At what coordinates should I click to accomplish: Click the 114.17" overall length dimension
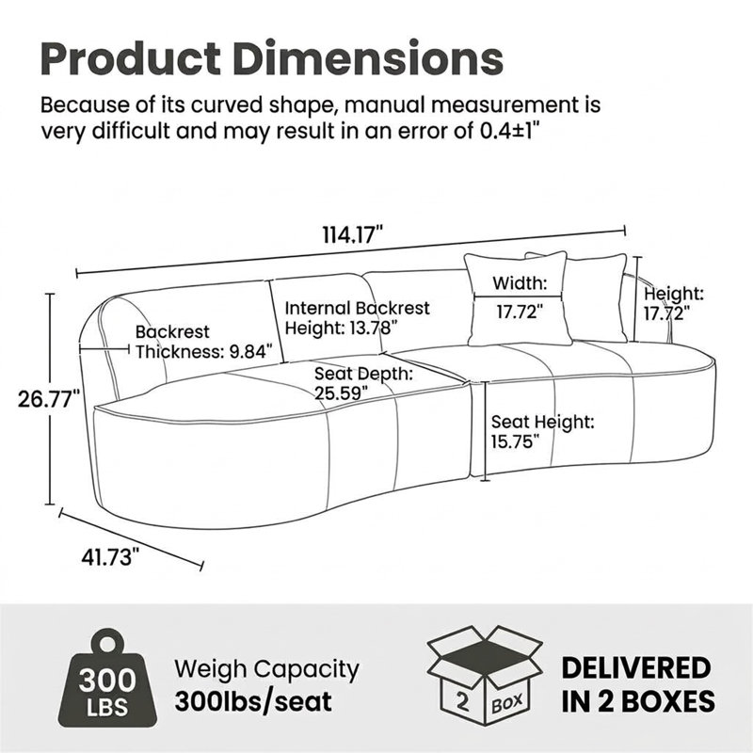(x=352, y=236)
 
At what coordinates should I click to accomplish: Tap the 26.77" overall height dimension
(x=49, y=399)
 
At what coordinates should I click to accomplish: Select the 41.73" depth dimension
(x=110, y=557)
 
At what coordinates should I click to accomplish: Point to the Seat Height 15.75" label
(x=543, y=432)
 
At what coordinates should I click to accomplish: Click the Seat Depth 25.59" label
(x=363, y=383)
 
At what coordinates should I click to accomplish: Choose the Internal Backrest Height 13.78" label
(x=358, y=318)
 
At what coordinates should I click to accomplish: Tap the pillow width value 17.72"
(x=520, y=312)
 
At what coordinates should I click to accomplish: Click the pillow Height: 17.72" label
(x=674, y=303)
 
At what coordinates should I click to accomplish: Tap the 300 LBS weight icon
(x=106, y=681)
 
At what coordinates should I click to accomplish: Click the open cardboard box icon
(x=485, y=674)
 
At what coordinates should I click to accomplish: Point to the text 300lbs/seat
(x=253, y=701)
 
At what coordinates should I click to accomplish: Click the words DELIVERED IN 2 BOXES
(x=638, y=684)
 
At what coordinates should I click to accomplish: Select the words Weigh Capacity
(x=266, y=669)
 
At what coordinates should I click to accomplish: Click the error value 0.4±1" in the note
(x=515, y=131)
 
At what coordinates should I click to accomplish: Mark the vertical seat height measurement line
(x=486, y=431)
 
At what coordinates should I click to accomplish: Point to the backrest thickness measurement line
(x=104, y=348)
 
